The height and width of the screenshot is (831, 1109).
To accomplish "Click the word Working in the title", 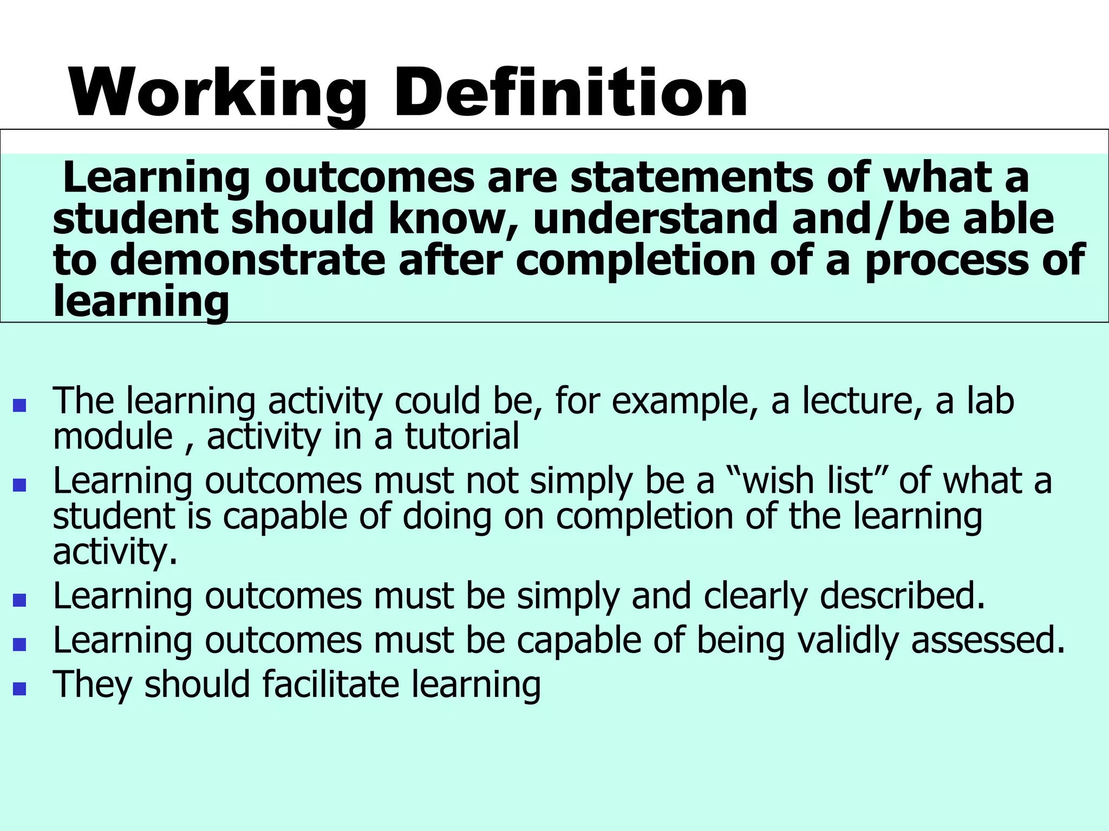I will tap(217, 93).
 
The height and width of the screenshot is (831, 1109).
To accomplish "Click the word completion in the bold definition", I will tap(636, 261).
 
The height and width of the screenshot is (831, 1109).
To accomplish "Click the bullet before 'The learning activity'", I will tap(19, 405).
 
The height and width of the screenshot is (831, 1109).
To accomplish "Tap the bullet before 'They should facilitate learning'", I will tap(19, 688).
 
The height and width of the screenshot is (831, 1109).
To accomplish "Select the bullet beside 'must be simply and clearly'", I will tap(19, 600).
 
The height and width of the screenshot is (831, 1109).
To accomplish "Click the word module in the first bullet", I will tap(113, 437).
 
